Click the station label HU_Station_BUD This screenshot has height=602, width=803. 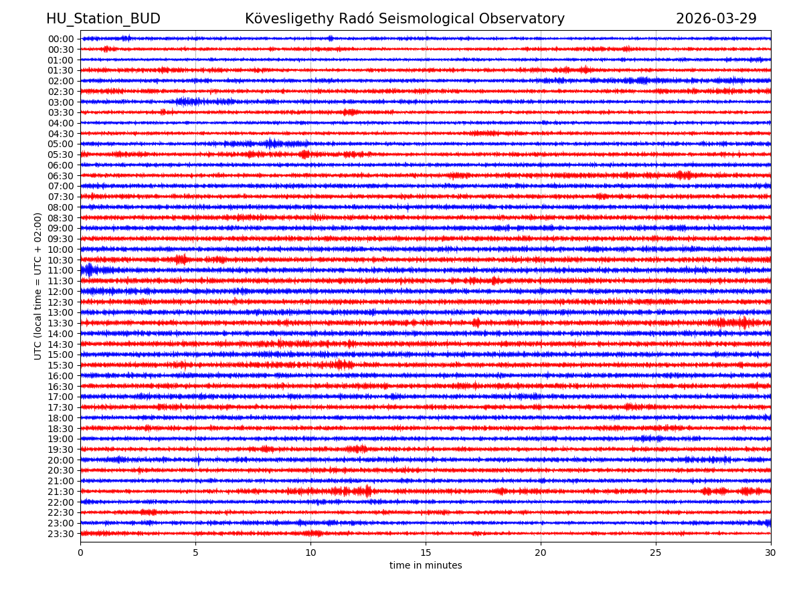(103, 19)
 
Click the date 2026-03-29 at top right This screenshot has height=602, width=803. (716, 19)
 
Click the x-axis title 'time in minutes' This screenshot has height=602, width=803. (426, 565)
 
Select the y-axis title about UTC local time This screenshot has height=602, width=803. (38, 286)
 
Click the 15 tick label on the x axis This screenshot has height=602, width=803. (426, 553)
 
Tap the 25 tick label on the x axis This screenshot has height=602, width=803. (656, 553)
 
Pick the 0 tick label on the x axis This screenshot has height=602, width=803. (80, 553)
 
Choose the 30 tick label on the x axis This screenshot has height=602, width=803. (771, 553)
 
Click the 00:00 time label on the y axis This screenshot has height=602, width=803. (61, 39)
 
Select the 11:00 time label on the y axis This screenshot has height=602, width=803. (61, 270)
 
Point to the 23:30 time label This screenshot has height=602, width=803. (61, 534)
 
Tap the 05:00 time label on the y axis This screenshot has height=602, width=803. (61, 144)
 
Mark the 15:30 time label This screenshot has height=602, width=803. (61, 365)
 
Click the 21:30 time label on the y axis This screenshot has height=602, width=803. (61, 492)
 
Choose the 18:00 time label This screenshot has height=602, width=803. (61, 418)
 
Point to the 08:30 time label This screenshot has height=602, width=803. (61, 218)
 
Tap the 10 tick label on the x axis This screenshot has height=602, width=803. (310, 553)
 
